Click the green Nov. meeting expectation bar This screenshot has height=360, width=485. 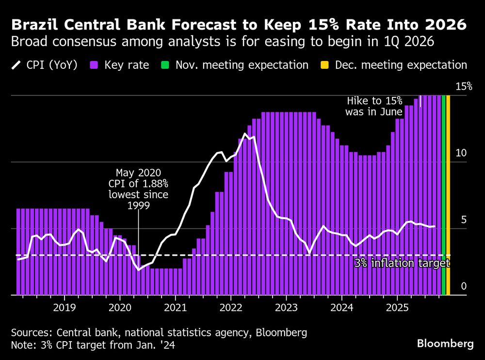point(443,194)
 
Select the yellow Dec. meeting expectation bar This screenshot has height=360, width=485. point(448,194)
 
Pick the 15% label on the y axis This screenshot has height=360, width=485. point(463,87)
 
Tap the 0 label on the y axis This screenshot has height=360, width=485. point(463,286)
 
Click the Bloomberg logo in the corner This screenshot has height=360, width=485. point(445,344)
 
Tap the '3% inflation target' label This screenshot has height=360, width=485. point(402,264)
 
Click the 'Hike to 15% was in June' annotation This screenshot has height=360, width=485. point(373,106)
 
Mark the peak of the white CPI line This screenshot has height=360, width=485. point(245,134)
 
